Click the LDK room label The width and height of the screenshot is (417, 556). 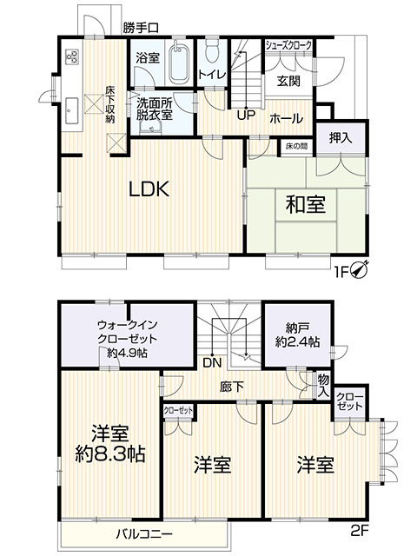click(142, 189)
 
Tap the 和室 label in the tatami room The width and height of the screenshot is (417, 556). click(305, 205)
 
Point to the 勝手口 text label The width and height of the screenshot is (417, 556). click(141, 29)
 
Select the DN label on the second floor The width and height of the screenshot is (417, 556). click(210, 362)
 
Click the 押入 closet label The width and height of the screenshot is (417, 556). click(341, 137)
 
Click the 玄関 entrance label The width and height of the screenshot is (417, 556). click(288, 81)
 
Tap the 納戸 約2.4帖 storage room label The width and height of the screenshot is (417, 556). click(295, 335)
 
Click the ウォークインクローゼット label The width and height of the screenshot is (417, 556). click(127, 340)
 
